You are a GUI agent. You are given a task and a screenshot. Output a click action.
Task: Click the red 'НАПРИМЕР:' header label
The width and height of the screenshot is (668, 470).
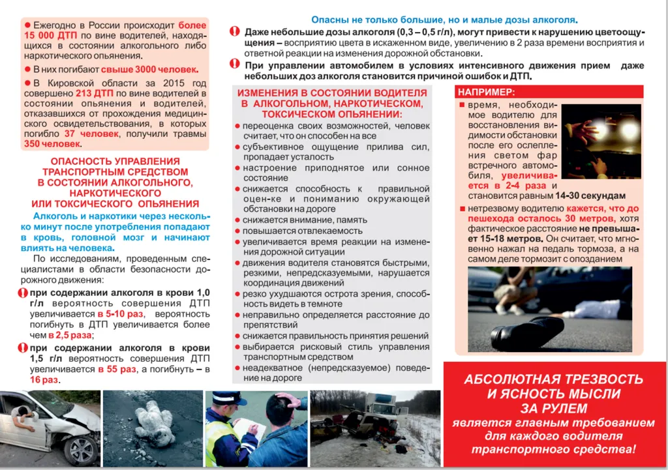[486, 92]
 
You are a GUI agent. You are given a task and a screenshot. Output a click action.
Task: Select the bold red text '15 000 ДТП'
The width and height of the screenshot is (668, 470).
[52, 36]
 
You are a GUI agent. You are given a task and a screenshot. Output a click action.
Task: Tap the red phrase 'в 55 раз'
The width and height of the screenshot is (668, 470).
[117, 369]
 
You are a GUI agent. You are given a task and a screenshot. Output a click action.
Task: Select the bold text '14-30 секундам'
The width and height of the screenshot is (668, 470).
[590, 196]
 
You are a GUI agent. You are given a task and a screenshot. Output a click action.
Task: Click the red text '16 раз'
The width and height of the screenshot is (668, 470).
[44, 379]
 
